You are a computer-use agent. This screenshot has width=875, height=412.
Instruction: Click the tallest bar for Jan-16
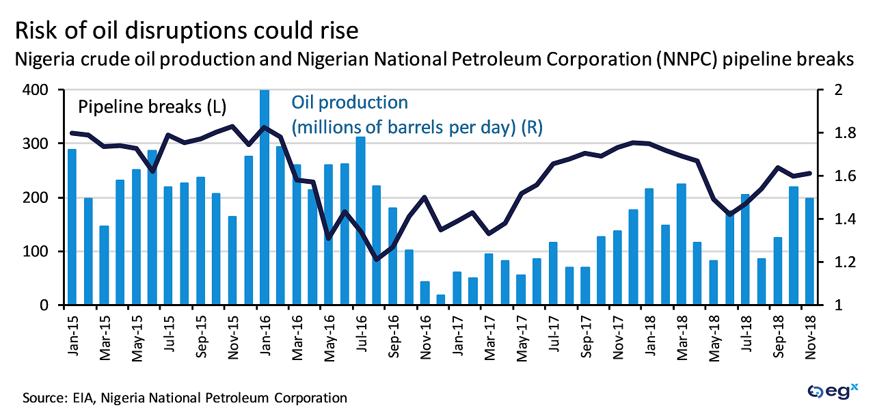click(x=264, y=198)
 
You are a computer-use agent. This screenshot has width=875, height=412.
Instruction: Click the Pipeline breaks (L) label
click(x=152, y=107)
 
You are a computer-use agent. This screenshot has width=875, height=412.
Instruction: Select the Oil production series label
click(x=349, y=102)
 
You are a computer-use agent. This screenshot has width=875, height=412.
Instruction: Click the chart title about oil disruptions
click(x=187, y=31)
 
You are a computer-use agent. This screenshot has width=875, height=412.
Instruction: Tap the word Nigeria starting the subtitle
click(x=46, y=59)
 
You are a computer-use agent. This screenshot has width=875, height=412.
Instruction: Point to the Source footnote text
click(x=185, y=397)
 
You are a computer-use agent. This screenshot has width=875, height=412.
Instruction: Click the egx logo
click(x=833, y=392)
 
